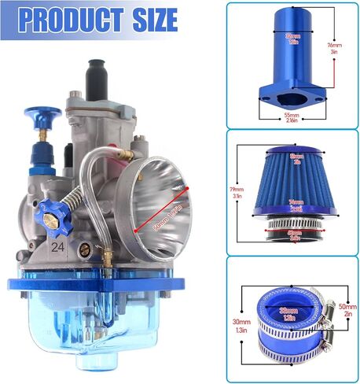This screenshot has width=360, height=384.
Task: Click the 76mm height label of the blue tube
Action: (x=336, y=45)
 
